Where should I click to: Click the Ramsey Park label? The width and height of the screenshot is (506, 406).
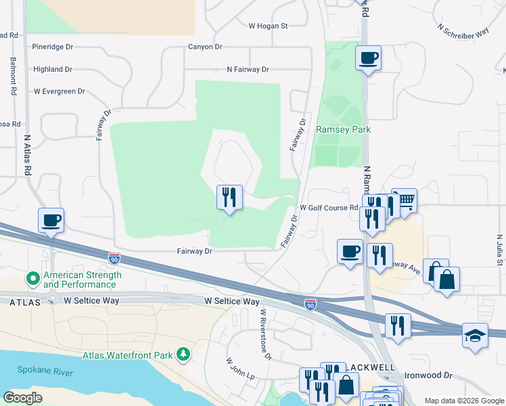pos(344,129)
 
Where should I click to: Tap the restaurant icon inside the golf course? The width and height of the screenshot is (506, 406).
pos(229,198)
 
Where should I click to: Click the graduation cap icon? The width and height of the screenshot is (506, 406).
pos(475,335)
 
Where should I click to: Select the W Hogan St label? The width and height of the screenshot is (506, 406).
pos(268,26)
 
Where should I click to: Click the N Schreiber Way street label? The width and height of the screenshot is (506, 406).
pos(463,31)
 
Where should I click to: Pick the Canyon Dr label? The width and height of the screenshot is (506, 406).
pos(205,47)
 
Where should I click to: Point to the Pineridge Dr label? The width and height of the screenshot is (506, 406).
pos(52,47)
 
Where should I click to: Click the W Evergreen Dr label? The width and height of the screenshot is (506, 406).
pos(59,91)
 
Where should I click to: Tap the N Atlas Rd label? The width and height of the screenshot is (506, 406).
pos(28,156)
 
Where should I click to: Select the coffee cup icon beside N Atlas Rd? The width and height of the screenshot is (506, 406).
pos(51,221)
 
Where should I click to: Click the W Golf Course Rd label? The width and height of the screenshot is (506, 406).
pos(328,208)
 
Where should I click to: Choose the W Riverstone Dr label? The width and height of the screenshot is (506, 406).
pos(265,336)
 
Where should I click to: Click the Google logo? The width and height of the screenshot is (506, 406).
pos(23,397)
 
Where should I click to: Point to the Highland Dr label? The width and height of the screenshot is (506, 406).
pos(52,69)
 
